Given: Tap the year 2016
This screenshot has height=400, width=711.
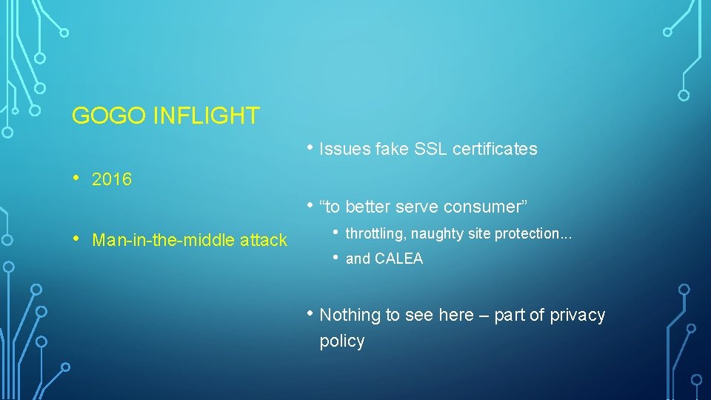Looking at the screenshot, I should (112, 179).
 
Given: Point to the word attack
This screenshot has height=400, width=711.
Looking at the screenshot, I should (263, 240).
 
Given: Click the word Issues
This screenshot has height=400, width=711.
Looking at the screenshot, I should (344, 149).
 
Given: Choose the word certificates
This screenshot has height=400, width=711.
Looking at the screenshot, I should (495, 149).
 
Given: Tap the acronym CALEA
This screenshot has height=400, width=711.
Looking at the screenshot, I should (398, 259).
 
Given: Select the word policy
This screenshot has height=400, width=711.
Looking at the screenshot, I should (341, 341).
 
